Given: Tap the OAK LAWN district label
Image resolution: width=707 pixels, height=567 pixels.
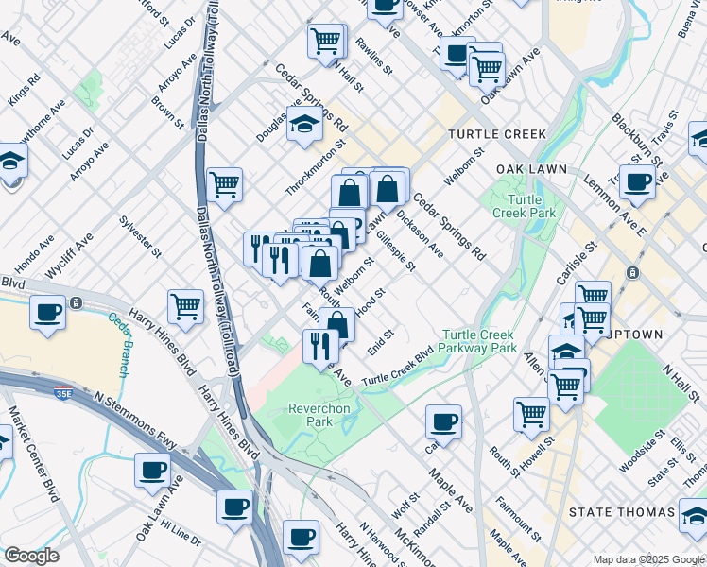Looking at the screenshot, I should coord(531,169).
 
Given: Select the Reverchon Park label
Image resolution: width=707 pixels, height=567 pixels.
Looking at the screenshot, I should coord(312,415).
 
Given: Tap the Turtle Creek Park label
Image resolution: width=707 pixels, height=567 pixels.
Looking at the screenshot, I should coord(518,206).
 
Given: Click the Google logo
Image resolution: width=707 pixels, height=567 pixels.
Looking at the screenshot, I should coord(31,556).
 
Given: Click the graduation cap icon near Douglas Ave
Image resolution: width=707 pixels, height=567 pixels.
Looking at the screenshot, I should coord(304,124).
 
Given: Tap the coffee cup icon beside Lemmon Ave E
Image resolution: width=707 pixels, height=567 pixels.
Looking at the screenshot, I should coord(637,182).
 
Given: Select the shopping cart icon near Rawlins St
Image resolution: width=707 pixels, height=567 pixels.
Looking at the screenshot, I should coord(324,42).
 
